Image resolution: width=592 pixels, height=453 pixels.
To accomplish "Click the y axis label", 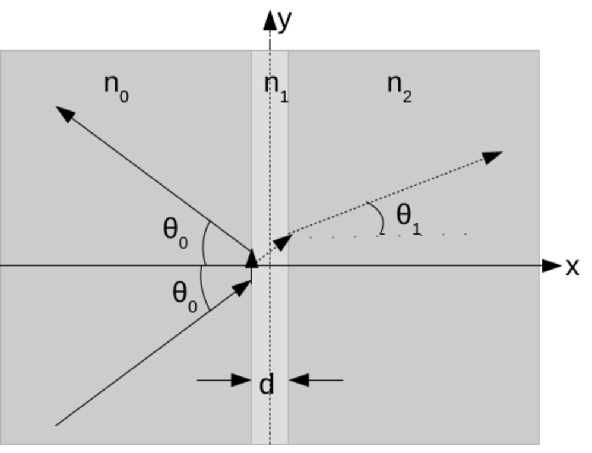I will pos(285,21).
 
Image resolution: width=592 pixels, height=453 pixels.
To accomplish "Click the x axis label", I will pos(572,267).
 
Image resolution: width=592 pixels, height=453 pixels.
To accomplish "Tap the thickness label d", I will pos(267,385).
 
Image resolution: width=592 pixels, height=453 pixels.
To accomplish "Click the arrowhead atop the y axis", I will pos(270,20).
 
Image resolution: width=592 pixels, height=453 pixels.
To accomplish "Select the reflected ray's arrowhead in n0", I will pos(65,113).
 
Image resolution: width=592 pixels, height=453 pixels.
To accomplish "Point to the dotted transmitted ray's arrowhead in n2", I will pos(492,157).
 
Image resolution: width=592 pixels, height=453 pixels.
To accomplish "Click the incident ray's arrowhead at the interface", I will pos(242,287).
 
